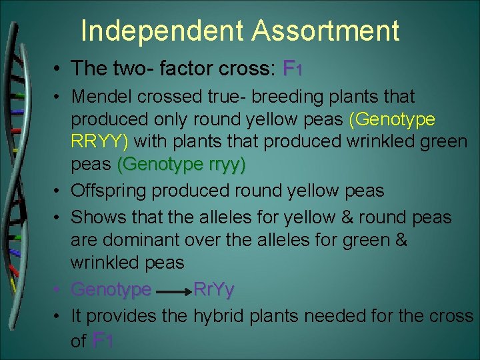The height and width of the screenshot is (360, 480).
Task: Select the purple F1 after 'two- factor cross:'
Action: point(293,68)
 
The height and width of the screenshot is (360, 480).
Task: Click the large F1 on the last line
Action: point(103,341)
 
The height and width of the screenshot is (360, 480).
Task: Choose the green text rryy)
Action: point(221,164)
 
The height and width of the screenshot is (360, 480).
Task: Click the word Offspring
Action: point(109,191)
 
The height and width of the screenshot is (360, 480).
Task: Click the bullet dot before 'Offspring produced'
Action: point(59,191)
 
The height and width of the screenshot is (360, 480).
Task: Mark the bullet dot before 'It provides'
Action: point(59,315)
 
